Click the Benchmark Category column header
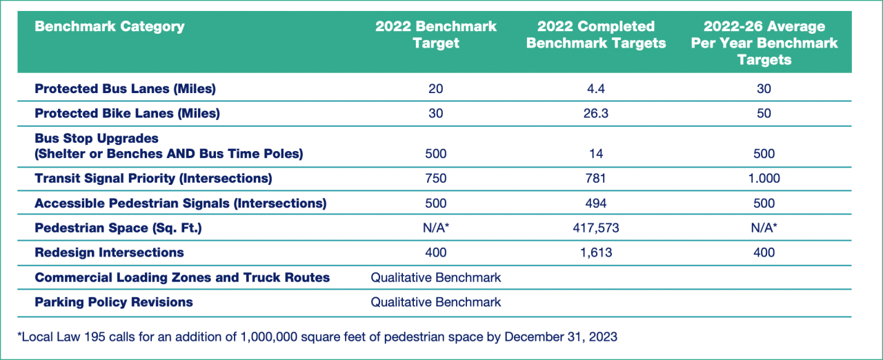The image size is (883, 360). [110, 27]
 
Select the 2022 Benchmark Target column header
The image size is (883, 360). [435, 34]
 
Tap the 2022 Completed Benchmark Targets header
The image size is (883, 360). [595, 34]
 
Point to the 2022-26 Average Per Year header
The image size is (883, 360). [764, 43]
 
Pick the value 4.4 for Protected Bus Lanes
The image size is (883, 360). [595, 89]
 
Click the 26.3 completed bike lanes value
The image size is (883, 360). [595, 113]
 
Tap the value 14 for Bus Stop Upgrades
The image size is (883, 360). [595, 154]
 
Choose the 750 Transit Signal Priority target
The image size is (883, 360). [435, 179]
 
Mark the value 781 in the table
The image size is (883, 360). [595, 179]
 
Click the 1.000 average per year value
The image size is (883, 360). [764, 179]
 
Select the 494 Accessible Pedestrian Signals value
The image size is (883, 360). [595, 203]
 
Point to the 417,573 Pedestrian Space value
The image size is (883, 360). [595, 228]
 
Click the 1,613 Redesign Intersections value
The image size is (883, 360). [595, 252]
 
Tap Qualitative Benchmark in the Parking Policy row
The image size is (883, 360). [435, 302]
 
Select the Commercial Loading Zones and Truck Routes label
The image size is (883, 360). [182, 277]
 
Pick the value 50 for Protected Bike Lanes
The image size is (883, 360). [764, 113]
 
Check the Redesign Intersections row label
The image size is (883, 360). [109, 252]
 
